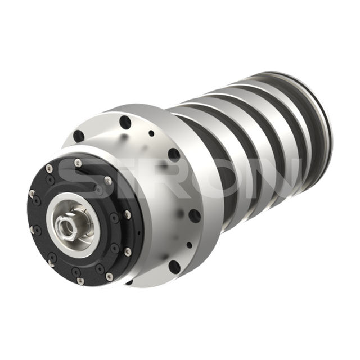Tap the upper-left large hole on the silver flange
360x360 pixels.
[x=79, y=136]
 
